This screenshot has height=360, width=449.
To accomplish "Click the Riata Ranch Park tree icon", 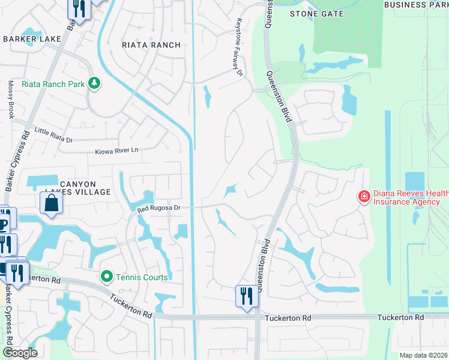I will [x=94, y=84].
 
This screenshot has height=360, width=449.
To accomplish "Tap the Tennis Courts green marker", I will [x=107, y=277].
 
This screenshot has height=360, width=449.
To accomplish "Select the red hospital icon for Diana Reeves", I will [x=364, y=196].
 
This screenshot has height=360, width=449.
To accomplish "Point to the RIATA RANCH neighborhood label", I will [x=151, y=45].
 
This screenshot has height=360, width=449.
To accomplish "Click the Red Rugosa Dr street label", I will [x=158, y=209].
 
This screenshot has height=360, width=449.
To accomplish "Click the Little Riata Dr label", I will [x=53, y=135].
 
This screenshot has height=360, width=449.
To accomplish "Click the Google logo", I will [x=19, y=353].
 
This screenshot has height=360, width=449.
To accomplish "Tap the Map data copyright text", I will [x=424, y=355].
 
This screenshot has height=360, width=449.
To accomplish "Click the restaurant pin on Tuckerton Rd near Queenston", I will [x=246, y=296].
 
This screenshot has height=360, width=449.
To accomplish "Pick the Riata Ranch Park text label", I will [x=53, y=85].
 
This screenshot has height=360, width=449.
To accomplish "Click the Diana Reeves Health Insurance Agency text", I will [x=411, y=197].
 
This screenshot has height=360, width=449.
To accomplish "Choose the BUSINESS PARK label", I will [x=416, y=5].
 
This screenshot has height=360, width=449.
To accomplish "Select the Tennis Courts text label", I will [x=142, y=277].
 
